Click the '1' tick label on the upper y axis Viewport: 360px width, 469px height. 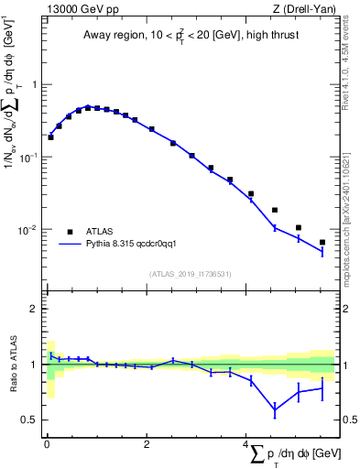click(x=36, y=85)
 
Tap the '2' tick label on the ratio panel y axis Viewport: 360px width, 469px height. click(x=36, y=309)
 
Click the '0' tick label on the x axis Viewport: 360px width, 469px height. click(x=47, y=443)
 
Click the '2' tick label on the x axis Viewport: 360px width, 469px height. click(x=147, y=443)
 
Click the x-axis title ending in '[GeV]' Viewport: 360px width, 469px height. click(x=293, y=454)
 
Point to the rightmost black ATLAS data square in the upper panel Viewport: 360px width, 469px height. click(x=322, y=243)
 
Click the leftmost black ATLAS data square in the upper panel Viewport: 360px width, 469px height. click(x=50, y=137)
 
